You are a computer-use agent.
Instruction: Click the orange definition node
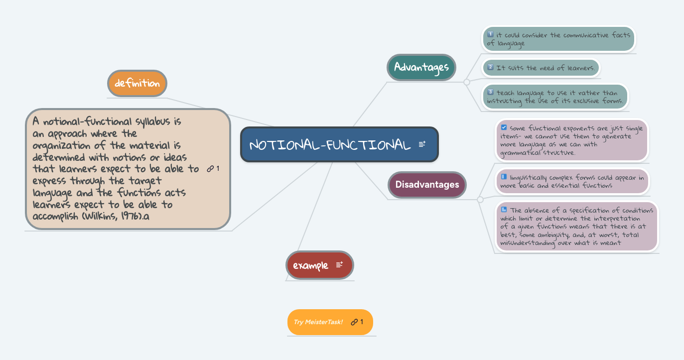tap(137, 83)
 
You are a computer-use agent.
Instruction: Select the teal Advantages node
tap(421, 67)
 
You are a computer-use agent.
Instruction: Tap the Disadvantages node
tap(427, 184)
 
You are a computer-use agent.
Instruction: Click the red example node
tap(311, 265)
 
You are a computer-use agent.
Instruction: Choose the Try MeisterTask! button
tap(319, 322)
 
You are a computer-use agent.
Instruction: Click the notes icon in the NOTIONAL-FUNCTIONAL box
tap(422, 144)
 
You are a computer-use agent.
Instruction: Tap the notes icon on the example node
tap(339, 265)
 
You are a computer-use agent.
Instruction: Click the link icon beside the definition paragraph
tap(210, 169)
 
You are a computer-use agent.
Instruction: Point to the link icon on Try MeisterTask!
tap(354, 322)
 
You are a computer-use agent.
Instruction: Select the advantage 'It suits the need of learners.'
tap(542, 68)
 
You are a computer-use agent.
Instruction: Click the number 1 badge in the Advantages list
tap(490, 34)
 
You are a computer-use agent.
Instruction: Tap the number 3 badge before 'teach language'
tap(490, 92)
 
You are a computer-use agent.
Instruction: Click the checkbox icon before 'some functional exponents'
tap(504, 127)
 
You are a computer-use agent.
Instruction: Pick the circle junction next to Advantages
tap(466, 82)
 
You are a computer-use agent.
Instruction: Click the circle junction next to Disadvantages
tap(480, 200)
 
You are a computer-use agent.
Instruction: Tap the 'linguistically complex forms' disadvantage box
tap(571, 181)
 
